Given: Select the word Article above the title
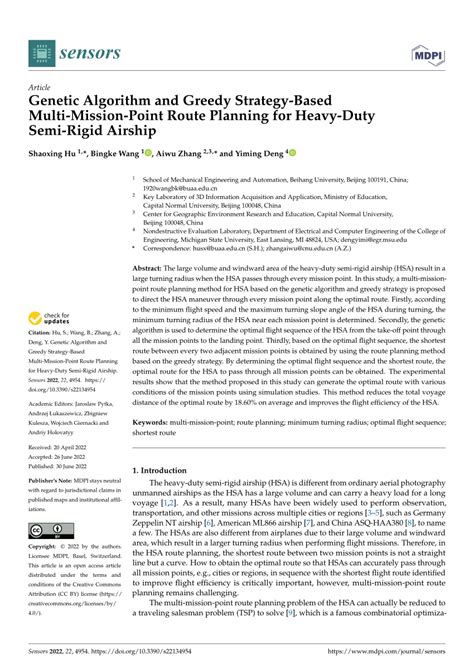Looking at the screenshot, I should pos(47,87).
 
